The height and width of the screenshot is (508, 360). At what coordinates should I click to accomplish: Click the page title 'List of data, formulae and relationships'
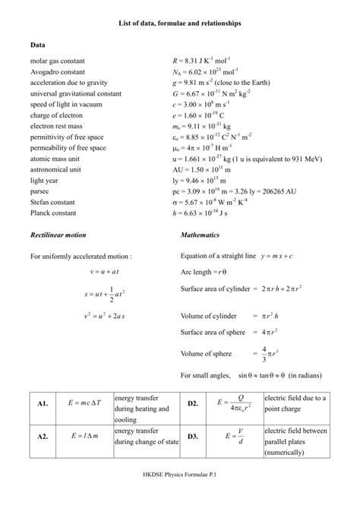pos(180,24)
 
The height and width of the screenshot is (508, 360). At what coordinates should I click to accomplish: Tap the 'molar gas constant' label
pos(58,60)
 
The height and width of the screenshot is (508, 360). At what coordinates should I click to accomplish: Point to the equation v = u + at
pos(90,270)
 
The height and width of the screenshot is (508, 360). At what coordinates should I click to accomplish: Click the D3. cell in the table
pos(192,437)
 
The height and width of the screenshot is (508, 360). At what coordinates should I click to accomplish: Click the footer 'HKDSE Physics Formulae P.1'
pos(180,495)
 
